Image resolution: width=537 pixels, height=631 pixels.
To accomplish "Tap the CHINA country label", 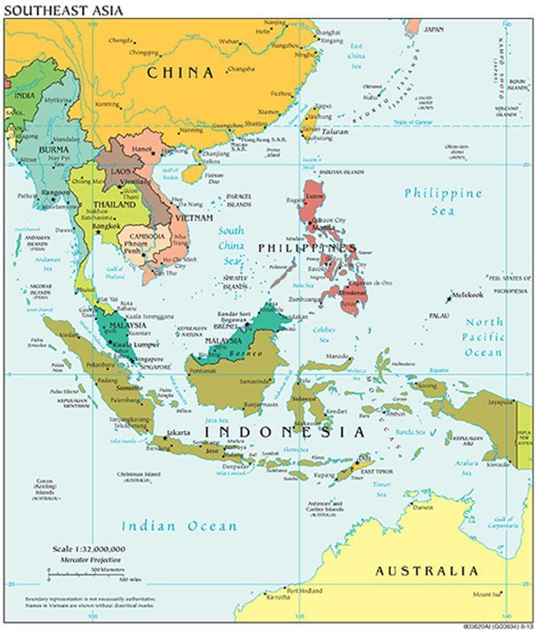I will pyautogui.click(x=181, y=73).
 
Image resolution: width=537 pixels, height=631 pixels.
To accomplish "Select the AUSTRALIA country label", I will pyautogui.click(x=426, y=572).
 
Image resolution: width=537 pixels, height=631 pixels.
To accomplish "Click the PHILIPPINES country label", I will pyautogui.click(x=307, y=248).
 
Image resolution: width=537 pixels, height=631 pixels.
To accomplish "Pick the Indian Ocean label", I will pyautogui.click(x=179, y=527).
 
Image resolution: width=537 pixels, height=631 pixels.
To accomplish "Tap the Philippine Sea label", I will pyautogui.click(x=442, y=202).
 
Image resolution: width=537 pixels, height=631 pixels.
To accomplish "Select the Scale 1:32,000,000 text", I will pyautogui.click(x=83, y=547).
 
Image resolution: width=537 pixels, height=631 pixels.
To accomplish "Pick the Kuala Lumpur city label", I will pyautogui.click(x=134, y=344).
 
